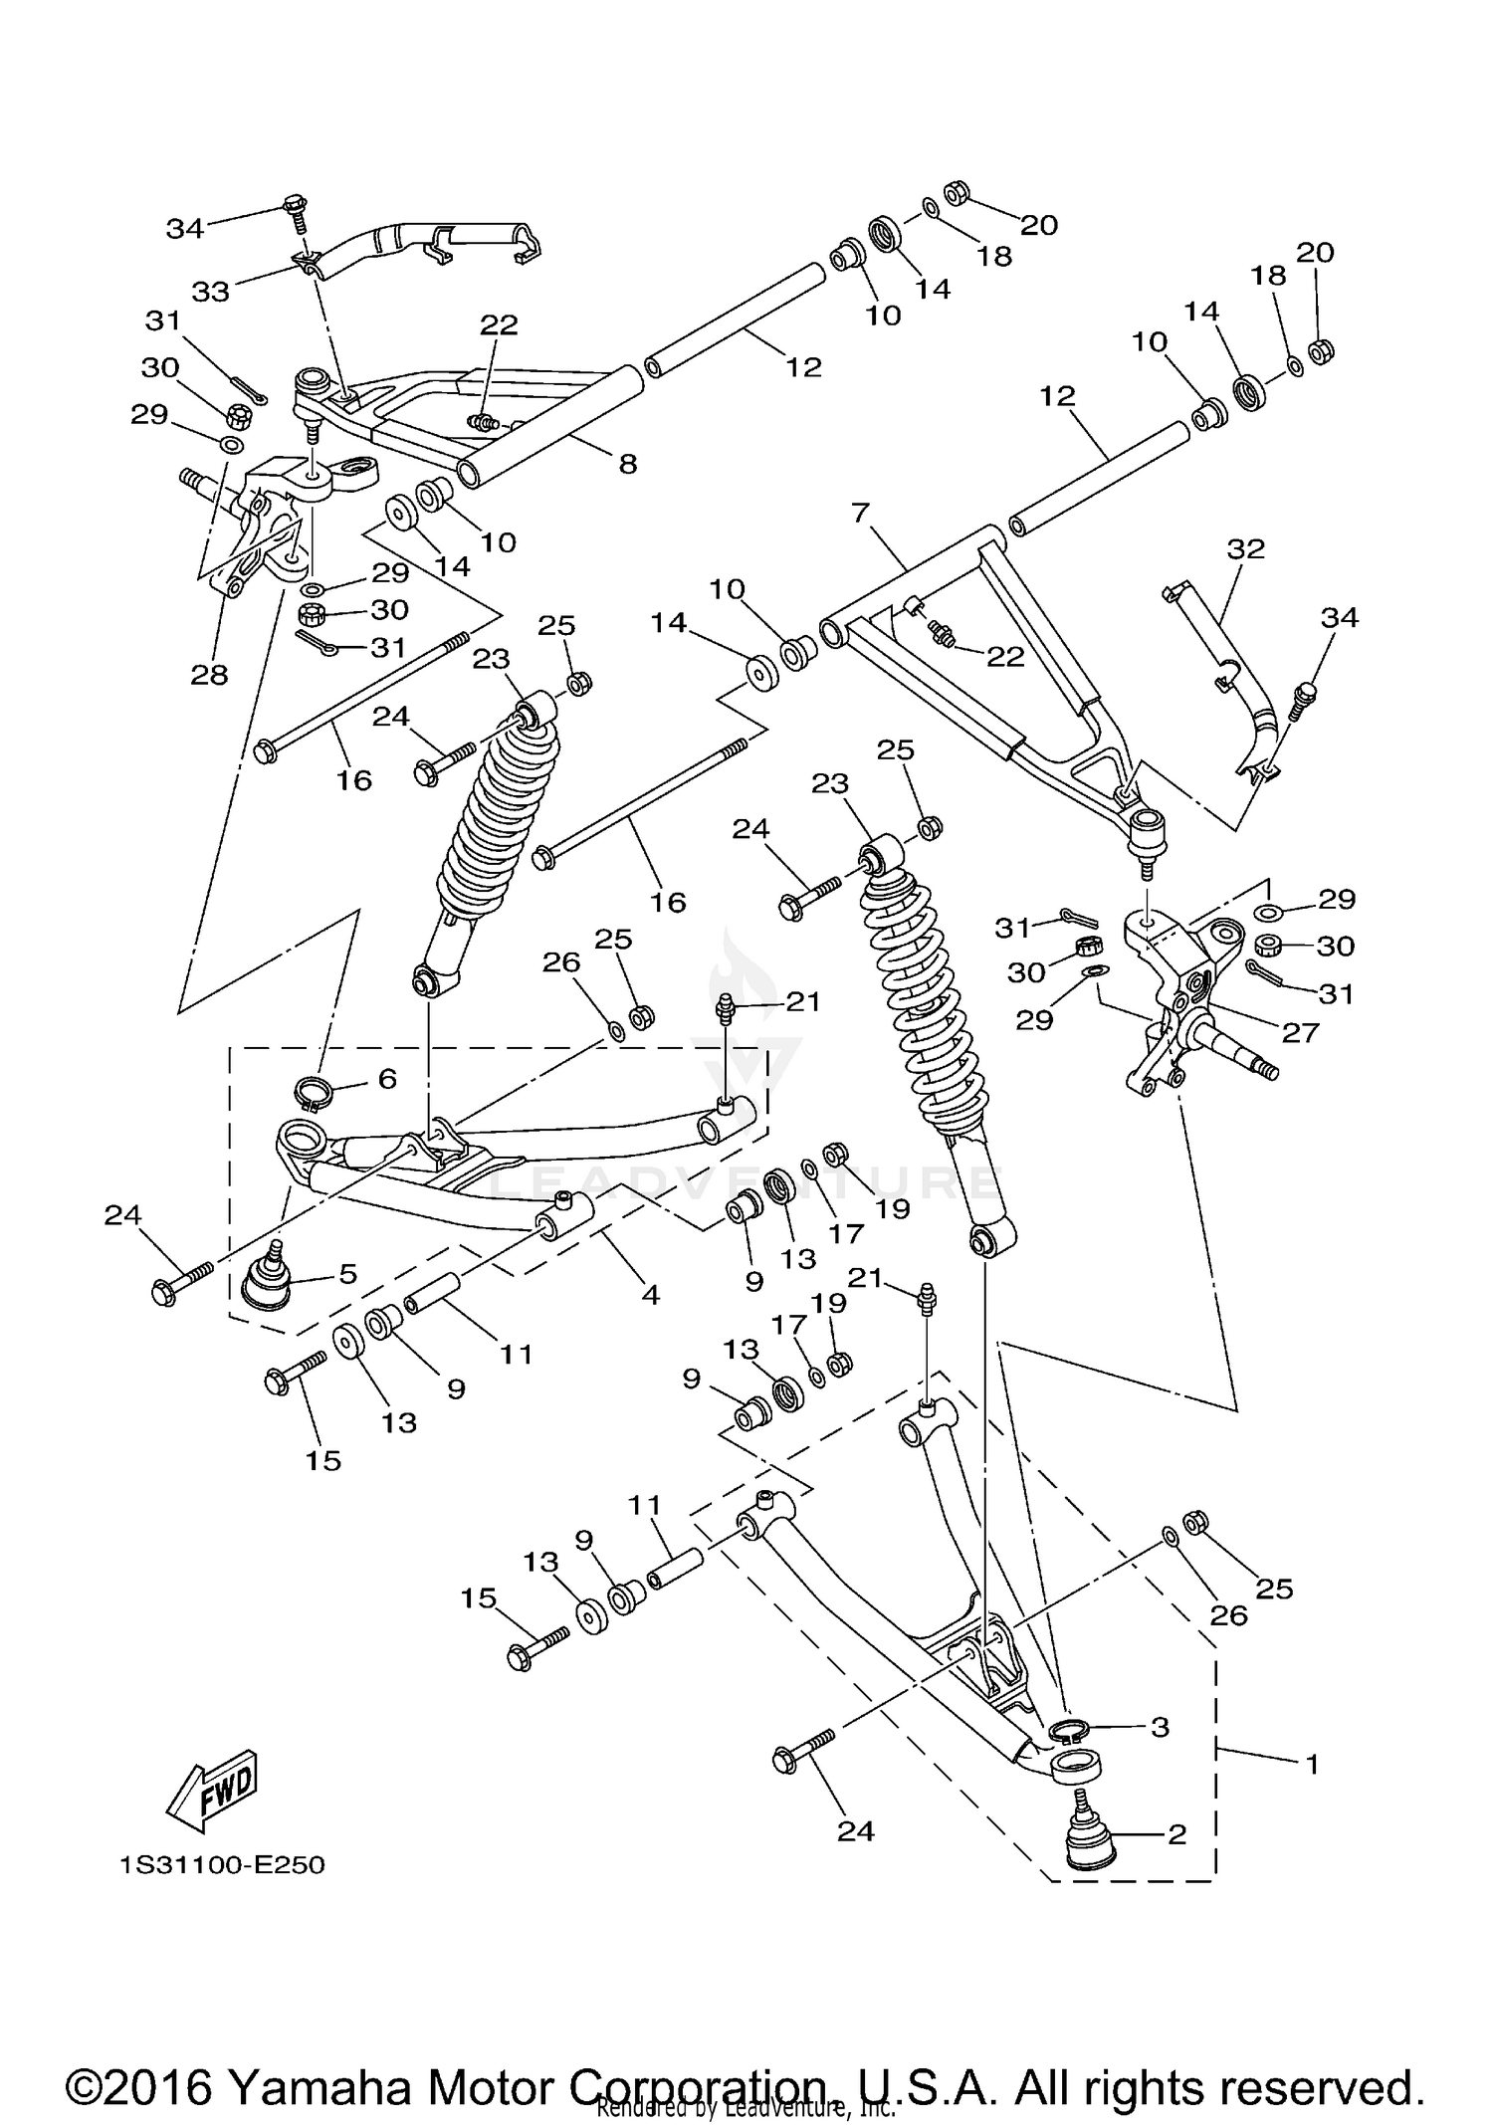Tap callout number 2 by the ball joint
coord(1177,1833)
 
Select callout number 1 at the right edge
coord(1312,1764)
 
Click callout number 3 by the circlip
coord(1160,1727)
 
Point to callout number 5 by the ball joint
coord(347,1274)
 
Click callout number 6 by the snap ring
coord(387,1078)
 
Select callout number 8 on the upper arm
coord(627,464)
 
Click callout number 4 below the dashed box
coord(650,1295)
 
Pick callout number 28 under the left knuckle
coord(209,675)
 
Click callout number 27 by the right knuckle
coord(1300,1032)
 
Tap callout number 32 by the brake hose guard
coord(1245,548)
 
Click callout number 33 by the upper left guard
coord(211,292)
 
